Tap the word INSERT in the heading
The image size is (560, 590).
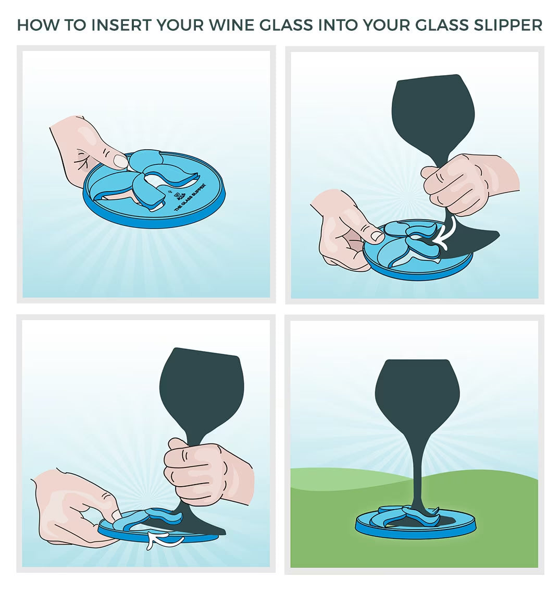122,25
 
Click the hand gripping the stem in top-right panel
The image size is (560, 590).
464,183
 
